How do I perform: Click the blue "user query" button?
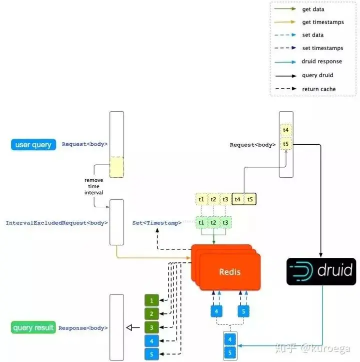33,145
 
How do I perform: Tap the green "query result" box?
33,327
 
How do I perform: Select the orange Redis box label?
229,272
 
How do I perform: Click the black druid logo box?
321,271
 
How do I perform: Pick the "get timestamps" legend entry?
309,22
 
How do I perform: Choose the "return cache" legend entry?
305,89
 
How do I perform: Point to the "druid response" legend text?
321,62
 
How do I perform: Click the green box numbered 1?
151,300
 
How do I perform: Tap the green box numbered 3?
151,327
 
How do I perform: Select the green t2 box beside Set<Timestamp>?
213,222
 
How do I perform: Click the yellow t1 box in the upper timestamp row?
201,199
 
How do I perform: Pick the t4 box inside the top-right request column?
286,130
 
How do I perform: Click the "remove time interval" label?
93,186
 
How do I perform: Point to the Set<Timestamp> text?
157,223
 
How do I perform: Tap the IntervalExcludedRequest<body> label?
56,223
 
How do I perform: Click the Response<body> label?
83,328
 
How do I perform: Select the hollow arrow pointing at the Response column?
133,327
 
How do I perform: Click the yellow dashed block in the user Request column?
116,167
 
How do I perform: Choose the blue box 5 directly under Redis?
243,311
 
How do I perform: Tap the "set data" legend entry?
299,35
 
